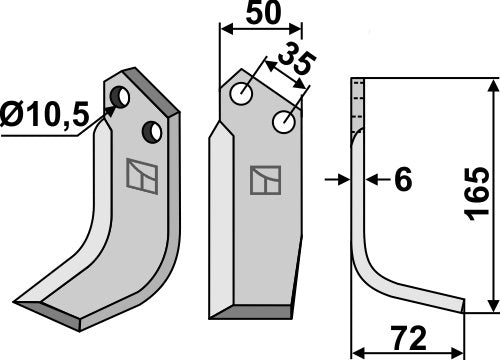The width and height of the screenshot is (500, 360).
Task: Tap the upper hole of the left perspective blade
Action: (121, 97)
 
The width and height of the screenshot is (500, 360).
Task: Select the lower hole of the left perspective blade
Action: (152, 130)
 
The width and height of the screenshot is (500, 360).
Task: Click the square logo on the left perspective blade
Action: (140, 175)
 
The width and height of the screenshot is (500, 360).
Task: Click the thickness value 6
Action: (403, 180)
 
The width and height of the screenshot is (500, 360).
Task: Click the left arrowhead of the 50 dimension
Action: (224, 29)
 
